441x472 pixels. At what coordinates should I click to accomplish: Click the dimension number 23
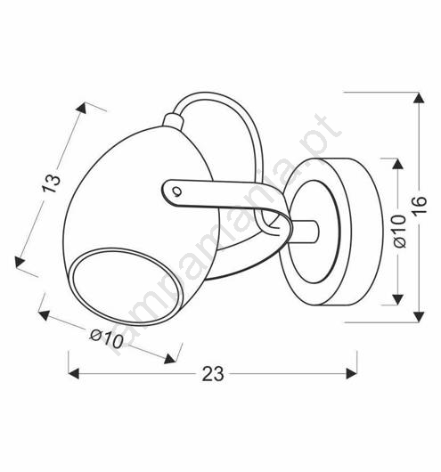tap(213, 374)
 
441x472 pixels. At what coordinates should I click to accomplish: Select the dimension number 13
tap(51, 183)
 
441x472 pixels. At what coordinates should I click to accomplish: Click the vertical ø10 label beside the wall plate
tap(400, 231)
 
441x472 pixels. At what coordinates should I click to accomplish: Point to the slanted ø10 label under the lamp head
tap(107, 338)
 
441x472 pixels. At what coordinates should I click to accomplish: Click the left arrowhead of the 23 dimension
tap(74, 373)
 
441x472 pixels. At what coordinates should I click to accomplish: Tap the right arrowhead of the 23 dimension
tap(352, 373)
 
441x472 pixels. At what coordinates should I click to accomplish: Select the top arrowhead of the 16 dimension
tap(419, 98)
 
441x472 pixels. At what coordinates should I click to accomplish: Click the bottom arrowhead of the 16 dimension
tap(419, 317)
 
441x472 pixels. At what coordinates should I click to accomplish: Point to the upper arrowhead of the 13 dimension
tap(81, 108)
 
